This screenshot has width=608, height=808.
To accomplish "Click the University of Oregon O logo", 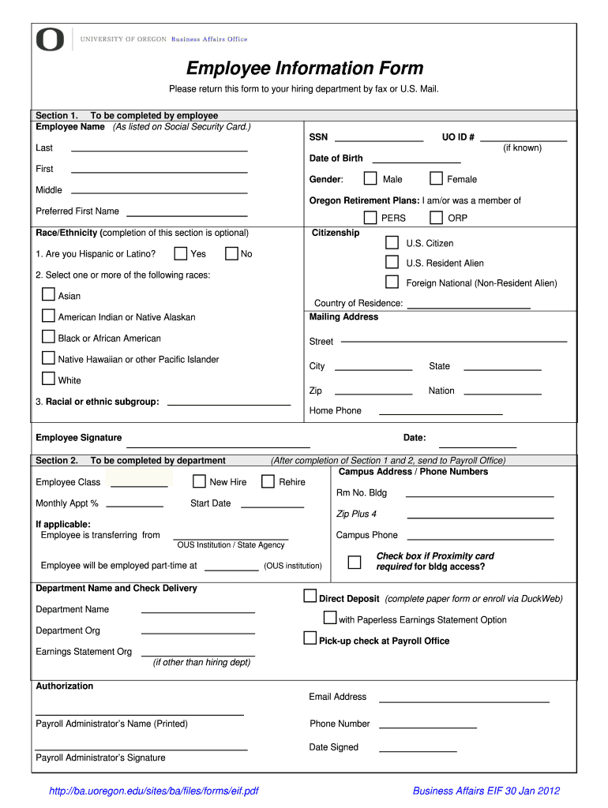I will pyautogui.click(x=50, y=39).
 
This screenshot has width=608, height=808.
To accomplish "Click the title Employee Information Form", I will pyautogui.click(x=305, y=69).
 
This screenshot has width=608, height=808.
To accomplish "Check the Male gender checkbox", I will pyautogui.click(x=370, y=179).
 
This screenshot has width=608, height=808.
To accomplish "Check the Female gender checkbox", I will pyautogui.click(x=436, y=179).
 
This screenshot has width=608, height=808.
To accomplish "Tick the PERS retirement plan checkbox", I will pyautogui.click(x=370, y=218).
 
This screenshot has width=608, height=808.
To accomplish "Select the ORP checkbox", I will pyautogui.click(x=436, y=218).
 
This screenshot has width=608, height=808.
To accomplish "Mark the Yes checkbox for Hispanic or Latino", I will pyautogui.click(x=181, y=253).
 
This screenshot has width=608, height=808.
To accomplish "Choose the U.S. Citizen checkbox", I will pyautogui.click(x=392, y=242).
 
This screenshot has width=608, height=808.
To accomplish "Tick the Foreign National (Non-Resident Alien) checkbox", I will pyautogui.click(x=392, y=282).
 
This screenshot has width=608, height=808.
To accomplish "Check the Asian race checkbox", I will pyautogui.click(x=48, y=295).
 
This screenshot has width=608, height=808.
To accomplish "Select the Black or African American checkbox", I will pyautogui.click(x=48, y=337).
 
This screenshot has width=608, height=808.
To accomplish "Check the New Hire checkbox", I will pyautogui.click(x=199, y=481).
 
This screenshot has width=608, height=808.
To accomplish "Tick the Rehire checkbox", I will pyautogui.click(x=268, y=481).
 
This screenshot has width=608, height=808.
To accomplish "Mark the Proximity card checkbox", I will pyautogui.click(x=355, y=562).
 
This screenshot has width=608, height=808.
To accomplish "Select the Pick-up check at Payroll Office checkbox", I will pyautogui.click(x=310, y=638).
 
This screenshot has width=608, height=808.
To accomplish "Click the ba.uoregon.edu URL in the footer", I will pyautogui.click(x=154, y=791).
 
